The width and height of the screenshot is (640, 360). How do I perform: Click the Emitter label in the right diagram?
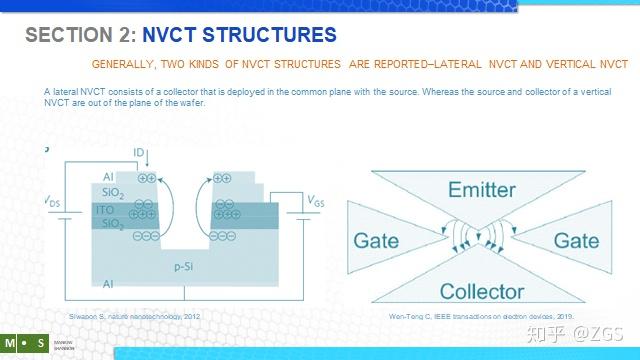(x=481, y=189)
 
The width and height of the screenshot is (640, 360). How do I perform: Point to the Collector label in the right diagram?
(x=482, y=292)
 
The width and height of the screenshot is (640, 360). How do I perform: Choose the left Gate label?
(x=377, y=241)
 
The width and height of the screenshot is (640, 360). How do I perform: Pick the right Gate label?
(x=576, y=241)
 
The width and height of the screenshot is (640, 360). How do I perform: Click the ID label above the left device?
(x=140, y=153)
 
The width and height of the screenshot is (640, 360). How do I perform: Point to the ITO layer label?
(x=105, y=210)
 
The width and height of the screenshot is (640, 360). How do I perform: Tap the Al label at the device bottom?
(x=108, y=285)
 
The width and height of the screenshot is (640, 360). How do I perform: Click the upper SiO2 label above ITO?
(x=112, y=194)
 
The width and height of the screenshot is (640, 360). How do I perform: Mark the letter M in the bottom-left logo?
(x=9, y=343)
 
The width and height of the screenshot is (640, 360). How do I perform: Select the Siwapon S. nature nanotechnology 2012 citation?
(x=135, y=315)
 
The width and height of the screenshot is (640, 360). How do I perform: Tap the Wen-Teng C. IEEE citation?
(x=481, y=316)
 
